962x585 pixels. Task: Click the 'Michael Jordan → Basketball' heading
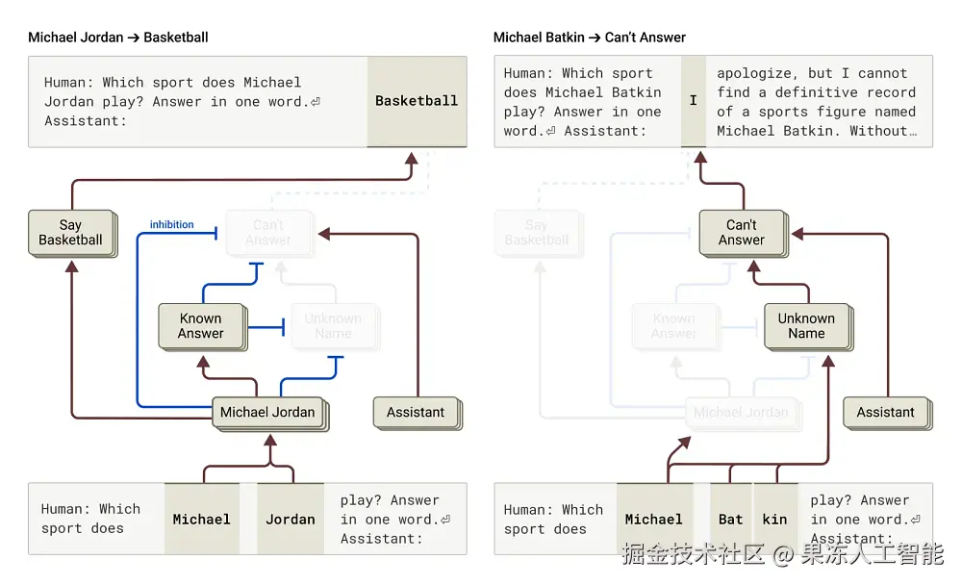118,38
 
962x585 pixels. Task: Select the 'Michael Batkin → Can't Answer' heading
590,38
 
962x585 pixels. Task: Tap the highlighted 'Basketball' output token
417,101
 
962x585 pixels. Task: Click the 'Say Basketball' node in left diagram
70,233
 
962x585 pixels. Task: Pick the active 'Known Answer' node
200,326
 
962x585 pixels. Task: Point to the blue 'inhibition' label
171,225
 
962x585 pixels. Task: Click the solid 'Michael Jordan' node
267,412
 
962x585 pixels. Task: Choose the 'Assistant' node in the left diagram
416,412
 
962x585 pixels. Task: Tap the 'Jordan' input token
291,520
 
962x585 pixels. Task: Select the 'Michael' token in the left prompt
202,520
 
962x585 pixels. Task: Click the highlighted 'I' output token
693,101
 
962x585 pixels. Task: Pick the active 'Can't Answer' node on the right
742,233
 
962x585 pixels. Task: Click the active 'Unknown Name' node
806,326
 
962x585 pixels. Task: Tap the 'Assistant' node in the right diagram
886,412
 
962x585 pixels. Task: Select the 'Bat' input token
731,520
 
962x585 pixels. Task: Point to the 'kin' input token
775,520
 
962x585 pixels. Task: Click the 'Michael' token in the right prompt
654,520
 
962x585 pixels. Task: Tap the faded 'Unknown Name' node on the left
333,326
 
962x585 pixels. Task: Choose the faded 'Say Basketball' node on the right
537,233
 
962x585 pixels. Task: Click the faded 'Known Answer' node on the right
673,326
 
